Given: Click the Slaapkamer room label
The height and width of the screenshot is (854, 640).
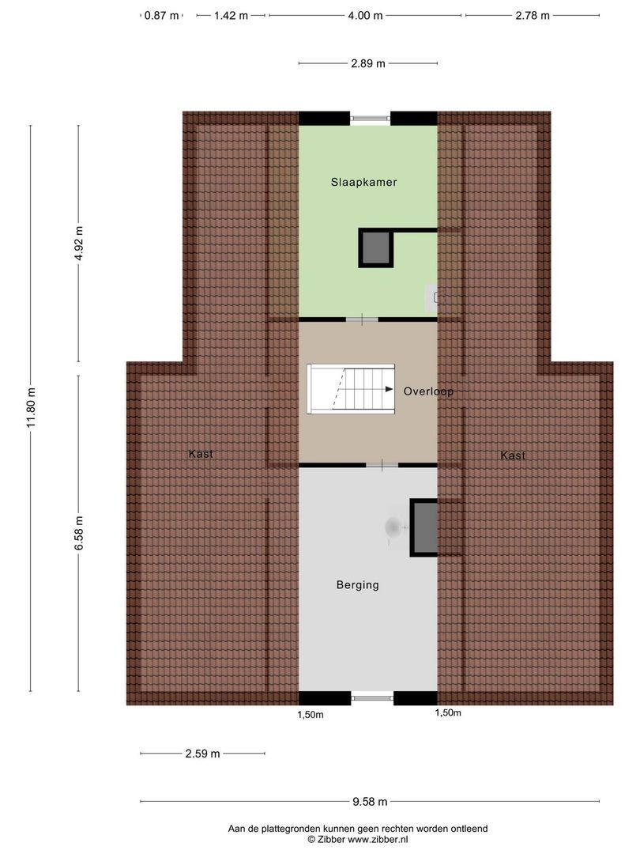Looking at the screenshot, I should click(x=363, y=182).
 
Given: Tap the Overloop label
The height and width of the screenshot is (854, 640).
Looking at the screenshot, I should click(x=428, y=391).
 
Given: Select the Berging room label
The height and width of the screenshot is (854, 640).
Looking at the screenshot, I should click(x=357, y=585).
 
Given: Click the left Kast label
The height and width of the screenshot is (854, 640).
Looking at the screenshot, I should click(x=201, y=454).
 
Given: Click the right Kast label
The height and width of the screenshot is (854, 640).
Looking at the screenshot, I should click(x=513, y=455).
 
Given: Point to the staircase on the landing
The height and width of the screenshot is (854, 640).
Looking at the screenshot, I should click(x=351, y=388).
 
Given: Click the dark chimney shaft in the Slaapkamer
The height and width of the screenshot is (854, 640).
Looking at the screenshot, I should click(x=375, y=249).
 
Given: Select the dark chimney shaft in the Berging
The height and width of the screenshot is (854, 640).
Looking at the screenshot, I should click(x=424, y=527).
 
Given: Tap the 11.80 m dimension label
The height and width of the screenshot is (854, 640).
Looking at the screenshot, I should click(x=31, y=407).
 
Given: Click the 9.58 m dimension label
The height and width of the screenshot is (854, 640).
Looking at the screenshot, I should click(x=371, y=801).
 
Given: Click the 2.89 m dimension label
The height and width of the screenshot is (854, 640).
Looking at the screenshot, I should click(x=368, y=63).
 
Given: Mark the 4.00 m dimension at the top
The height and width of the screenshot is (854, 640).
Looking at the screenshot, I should click(x=366, y=15).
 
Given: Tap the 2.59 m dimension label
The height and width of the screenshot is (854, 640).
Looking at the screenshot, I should click(x=202, y=754).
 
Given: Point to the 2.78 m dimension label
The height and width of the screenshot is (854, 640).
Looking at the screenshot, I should click(x=532, y=15).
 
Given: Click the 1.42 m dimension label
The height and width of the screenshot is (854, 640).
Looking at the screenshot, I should click(x=231, y=15).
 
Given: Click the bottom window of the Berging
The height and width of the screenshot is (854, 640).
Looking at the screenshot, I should click(x=372, y=697).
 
